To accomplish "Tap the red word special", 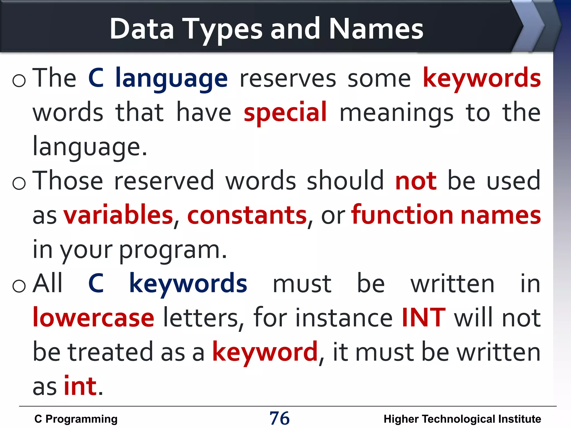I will [285, 112].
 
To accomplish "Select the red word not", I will [416, 181].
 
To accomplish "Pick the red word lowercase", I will [93, 318].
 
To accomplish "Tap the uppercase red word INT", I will [423, 318].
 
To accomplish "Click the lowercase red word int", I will [80, 386].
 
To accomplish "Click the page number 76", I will [279, 418].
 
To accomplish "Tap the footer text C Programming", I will [76, 419].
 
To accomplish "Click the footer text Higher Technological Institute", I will [462, 419].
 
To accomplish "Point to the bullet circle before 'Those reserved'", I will [19, 183].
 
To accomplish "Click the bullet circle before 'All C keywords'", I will [19, 286].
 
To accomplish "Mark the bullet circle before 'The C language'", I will [19, 81].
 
